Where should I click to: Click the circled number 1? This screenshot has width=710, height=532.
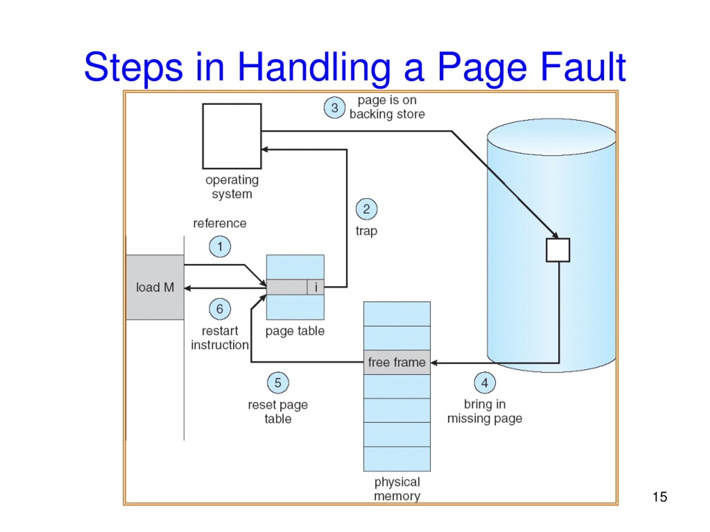coord(220,247)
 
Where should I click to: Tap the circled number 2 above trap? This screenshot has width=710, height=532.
coord(367,209)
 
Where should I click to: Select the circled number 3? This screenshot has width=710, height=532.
coord(335,108)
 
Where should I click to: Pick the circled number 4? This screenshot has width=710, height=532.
coord(485,383)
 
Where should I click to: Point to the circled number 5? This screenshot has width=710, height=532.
coord(278,383)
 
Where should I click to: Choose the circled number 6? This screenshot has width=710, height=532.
coord(220,309)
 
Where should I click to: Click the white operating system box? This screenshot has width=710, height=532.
coord(232,136)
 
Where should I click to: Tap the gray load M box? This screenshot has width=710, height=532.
coord(155,287)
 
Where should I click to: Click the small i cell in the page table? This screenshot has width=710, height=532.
coord(316,287)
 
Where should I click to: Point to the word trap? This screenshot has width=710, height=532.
coord(367,231)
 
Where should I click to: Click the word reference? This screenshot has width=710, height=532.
coord(220,223)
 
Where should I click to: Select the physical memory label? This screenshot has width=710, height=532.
coord(397,489)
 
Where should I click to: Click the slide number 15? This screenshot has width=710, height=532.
coord(660,497)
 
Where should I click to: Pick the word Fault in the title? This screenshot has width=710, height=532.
coord(583,67)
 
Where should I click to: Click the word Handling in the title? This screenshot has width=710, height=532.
coord(314,69)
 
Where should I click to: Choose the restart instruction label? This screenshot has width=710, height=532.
coord(220,338)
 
